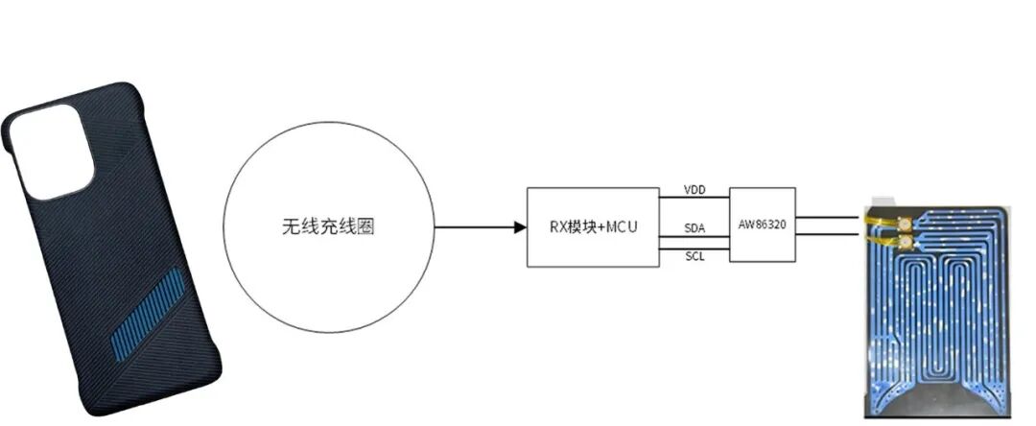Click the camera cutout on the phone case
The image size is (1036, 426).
55,152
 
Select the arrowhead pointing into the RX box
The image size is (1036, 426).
521,227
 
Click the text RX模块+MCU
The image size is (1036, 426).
593,226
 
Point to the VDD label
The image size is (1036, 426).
694,190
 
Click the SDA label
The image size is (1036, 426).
694,227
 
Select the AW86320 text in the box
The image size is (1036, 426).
762,226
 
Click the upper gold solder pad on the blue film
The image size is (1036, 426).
903,224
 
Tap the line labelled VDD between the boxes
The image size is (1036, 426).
694,199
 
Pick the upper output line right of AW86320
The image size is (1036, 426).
827,218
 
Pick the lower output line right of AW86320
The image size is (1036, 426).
827,235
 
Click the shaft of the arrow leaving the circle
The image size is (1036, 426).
475,227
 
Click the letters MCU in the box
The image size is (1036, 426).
623,226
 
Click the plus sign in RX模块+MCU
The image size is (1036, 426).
602,226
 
